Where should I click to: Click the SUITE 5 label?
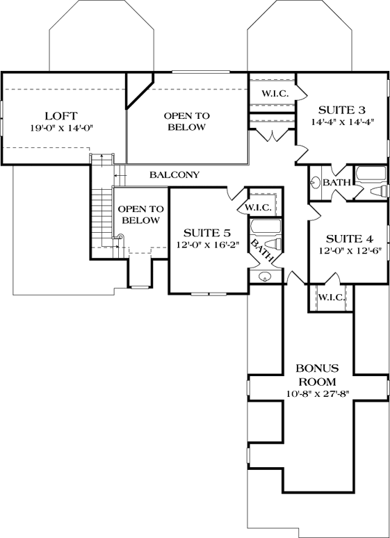tap(206, 232)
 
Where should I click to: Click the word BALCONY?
tap(174, 174)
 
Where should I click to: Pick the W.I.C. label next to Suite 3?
tap(276, 93)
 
